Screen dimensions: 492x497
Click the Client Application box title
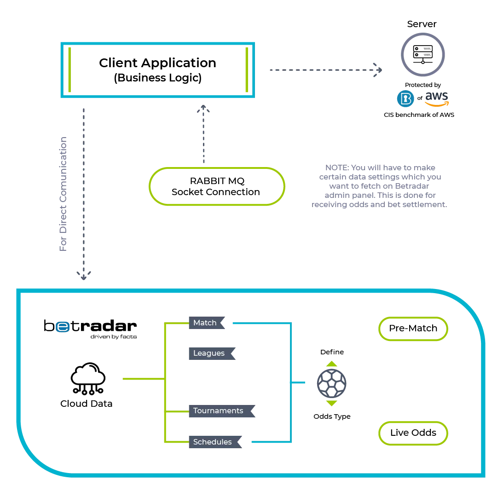[157, 63]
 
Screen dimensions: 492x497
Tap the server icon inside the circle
[423, 54]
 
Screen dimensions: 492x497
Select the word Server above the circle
[422, 24]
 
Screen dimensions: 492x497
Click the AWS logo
[437, 99]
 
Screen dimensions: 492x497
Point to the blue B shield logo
[405, 98]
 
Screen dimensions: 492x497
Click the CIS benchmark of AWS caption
[419, 115]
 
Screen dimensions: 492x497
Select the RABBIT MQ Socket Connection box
[217, 186]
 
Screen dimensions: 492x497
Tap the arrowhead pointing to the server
[378, 70]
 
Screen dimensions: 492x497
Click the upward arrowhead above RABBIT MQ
[203, 109]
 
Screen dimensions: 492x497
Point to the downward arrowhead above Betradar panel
[84, 276]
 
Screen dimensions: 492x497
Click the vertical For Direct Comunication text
[63, 194]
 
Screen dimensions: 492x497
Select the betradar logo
[90, 329]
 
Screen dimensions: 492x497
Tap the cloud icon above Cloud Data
[88, 379]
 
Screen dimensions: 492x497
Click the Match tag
[207, 323]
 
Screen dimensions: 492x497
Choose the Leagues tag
[212, 353]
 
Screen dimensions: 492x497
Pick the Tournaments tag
[222, 411]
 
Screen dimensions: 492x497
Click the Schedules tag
[215, 442]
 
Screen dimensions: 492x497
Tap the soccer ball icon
[331, 383]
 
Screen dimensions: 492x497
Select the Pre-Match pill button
[413, 329]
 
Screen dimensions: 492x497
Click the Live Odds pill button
[413, 433]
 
